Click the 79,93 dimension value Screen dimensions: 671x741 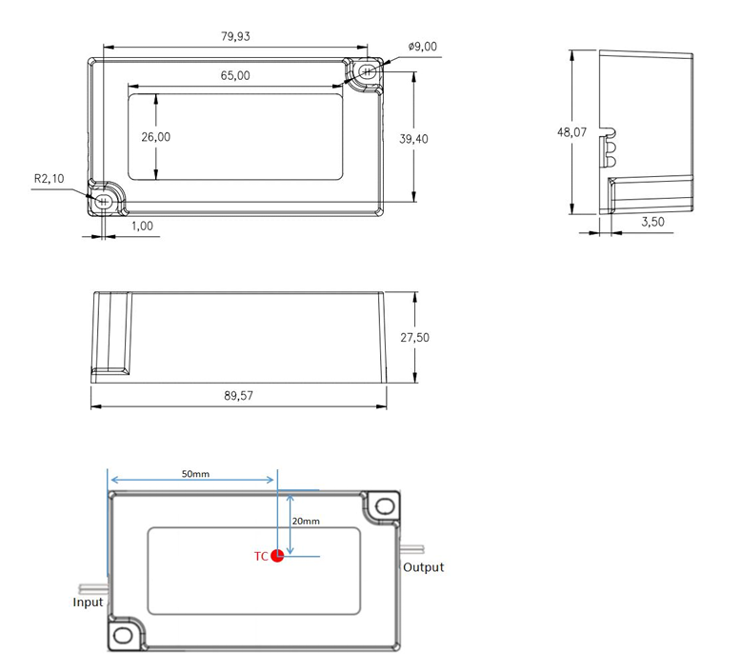click(x=236, y=36)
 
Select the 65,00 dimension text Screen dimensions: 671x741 click(x=235, y=75)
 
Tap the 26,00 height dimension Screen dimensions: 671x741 click(x=156, y=137)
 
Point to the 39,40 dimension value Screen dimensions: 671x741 click(x=413, y=139)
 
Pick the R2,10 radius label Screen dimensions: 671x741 click(x=49, y=178)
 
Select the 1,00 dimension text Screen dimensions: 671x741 click(x=142, y=227)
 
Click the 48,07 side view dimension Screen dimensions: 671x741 click(x=571, y=132)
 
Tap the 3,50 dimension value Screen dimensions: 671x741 click(x=652, y=221)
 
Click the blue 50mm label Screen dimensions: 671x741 click(x=194, y=473)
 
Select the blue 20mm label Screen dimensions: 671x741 click(x=306, y=522)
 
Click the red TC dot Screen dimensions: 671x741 click(x=277, y=556)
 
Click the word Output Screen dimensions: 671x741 click(x=423, y=567)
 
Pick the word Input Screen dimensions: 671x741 click(x=89, y=602)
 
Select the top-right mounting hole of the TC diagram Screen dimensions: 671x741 click(x=385, y=505)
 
